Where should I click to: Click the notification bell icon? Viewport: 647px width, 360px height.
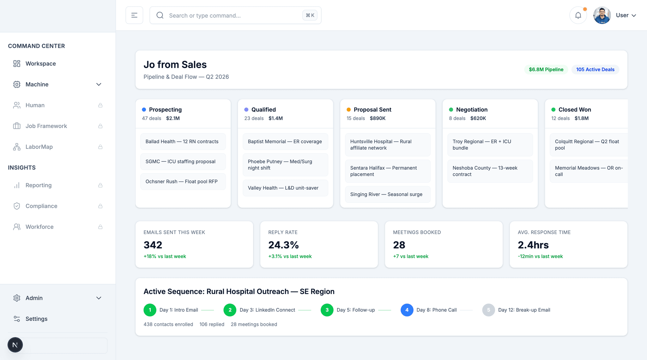pyautogui.click(x=578, y=15)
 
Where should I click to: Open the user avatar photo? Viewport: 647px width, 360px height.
pyautogui.click(x=602, y=15)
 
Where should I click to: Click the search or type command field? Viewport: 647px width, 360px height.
pyautogui.click(x=235, y=15)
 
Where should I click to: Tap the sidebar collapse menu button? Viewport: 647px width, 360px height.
pyautogui.click(x=134, y=15)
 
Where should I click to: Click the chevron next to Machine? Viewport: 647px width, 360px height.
pyautogui.click(x=99, y=84)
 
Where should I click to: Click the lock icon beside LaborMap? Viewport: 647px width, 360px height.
pyautogui.click(x=100, y=147)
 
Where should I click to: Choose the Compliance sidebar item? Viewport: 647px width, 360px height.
pyautogui.click(x=41, y=206)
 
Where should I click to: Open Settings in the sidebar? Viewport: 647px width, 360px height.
pyautogui.click(x=36, y=319)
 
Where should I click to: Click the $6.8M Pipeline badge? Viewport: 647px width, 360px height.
pyautogui.click(x=546, y=70)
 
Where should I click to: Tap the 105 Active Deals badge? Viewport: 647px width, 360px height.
pyautogui.click(x=595, y=70)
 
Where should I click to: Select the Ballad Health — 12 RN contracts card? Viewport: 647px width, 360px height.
pyautogui.click(x=183, y=142)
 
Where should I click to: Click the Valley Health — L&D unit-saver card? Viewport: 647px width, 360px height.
pyautogui.click(x=285, y=188)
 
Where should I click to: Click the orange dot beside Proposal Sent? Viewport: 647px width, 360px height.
pyautogui.click(x=349, y=110)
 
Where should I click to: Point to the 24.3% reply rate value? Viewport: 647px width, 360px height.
pyautogui.click(x=283, y=245)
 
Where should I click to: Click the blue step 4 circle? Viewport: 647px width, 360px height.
pyautogui.click(x=407, y=310)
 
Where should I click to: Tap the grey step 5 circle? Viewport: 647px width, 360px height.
pyautogui.click(x=488, y=310)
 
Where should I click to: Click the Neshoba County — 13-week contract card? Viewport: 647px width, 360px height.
pyautogui.click(x=490, y=171)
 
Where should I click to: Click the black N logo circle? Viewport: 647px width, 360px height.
pyautogui.click(x=15, y=345)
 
